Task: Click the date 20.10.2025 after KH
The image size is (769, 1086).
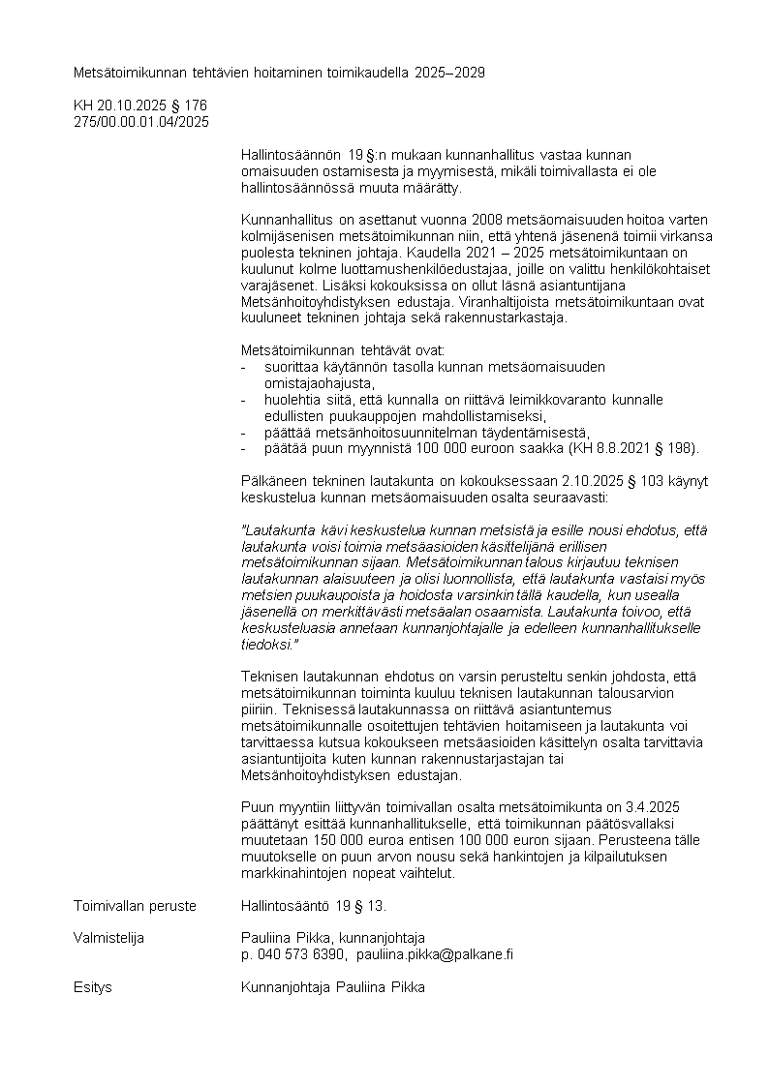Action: [x=130, y=105]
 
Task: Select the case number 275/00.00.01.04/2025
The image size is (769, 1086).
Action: [x=141, y=121]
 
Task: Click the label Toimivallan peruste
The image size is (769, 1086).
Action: [x=135, y=906]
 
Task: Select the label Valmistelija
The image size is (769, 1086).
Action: [x=108, y=937]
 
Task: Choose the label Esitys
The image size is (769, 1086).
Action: [x=93, y=987]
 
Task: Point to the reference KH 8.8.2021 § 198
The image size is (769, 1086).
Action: [x=631, y=448]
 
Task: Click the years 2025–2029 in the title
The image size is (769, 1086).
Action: [x=449, y=73]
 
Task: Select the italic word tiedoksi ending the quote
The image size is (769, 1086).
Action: [x=267, y=644]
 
